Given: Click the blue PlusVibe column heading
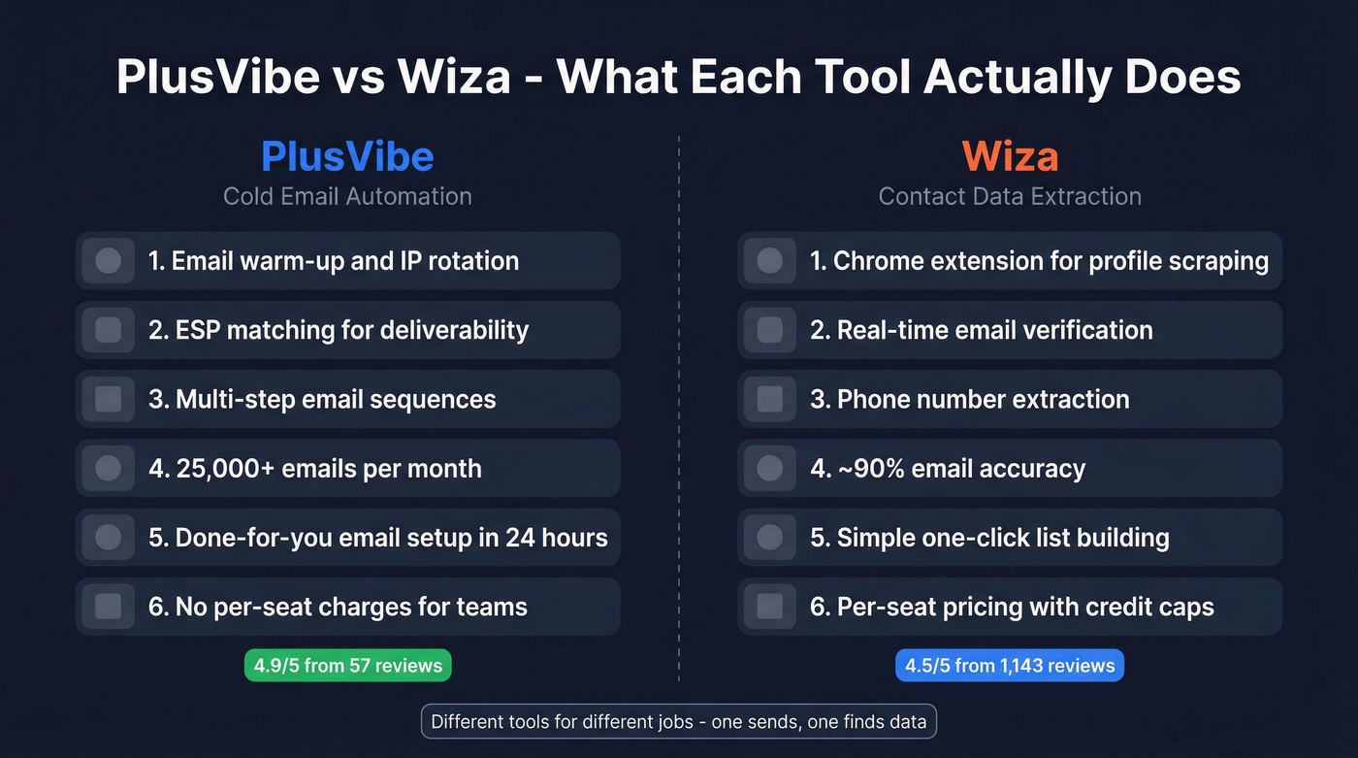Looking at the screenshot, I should (x=347, y=156).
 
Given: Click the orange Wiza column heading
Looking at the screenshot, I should (x=1010, y=156).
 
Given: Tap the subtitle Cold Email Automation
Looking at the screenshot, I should (x=347, y=196).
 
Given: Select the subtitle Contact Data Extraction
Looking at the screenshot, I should (x=1010, y=196).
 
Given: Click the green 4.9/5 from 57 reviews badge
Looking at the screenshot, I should (x=347, y=666).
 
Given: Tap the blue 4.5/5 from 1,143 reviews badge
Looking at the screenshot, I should (x=1010, y=666).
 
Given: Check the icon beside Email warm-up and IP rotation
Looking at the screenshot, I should (x=109, y=260).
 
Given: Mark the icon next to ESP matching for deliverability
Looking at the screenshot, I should (x=109, y=330).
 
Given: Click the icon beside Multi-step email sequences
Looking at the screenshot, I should (x=109, y=399).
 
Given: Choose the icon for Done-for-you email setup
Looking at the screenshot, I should (x=109, y=538).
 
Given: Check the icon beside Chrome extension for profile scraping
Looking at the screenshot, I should (x=770, y=260).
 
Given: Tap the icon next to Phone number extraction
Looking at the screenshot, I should (x=770, y=399).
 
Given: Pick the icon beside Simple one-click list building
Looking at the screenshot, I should (x=770, y=538).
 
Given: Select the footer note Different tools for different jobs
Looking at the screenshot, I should (x=679, y=722).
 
